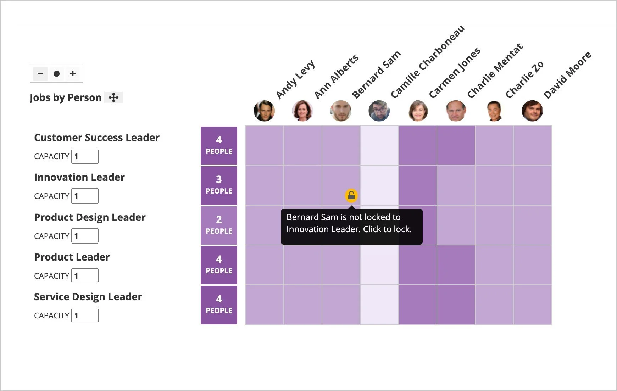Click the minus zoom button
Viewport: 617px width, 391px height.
[40, 74]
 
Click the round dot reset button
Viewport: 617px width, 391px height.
[56, 74]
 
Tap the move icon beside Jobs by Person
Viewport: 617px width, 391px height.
[113, 97]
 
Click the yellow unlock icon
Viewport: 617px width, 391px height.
[351, 195]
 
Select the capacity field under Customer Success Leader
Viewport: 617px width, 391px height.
[85, 156]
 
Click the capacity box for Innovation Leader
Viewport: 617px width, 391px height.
[85, 196]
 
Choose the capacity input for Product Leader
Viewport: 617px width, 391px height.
[85, 276]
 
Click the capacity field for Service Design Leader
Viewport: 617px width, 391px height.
[85, 315]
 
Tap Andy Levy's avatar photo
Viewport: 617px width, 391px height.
[264, 111]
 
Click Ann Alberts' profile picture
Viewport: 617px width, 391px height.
[302, 111]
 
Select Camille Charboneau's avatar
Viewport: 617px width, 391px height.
[379, 111]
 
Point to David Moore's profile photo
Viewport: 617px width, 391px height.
[532, 111]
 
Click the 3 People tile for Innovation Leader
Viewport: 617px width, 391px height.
[219, 185]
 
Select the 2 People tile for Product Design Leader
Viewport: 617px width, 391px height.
[219, 225]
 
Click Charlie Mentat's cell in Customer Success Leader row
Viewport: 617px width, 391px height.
[456, 145]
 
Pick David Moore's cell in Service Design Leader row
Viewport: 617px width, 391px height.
[532, 305]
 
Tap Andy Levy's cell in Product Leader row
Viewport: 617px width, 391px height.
[264, 265]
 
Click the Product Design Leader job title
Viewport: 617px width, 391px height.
[90, 217]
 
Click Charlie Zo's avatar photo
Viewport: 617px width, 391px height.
[494, 111]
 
